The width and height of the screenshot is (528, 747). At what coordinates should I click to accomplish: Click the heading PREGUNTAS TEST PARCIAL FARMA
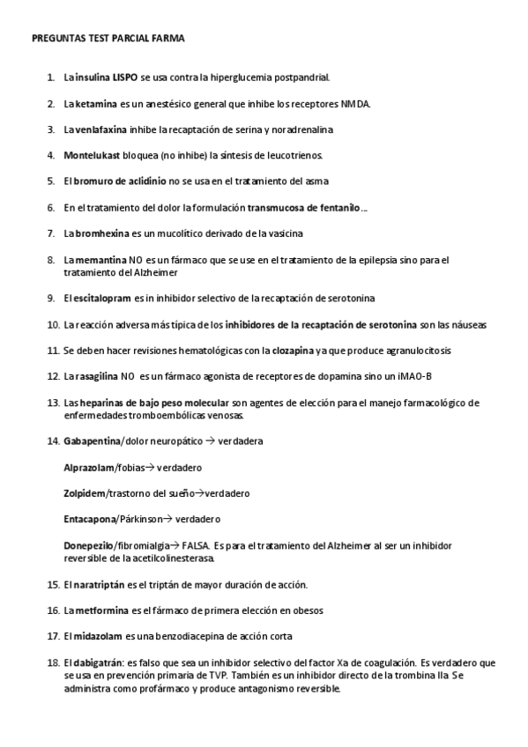[x=108, y=39]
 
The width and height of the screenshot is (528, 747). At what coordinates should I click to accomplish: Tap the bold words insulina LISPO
[x=107, y=78]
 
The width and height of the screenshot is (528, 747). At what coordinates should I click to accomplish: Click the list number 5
[x=50, y=181]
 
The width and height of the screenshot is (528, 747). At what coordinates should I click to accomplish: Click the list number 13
[x=52, y=403]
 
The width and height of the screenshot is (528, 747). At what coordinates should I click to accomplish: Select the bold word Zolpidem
[x=84, y=493]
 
